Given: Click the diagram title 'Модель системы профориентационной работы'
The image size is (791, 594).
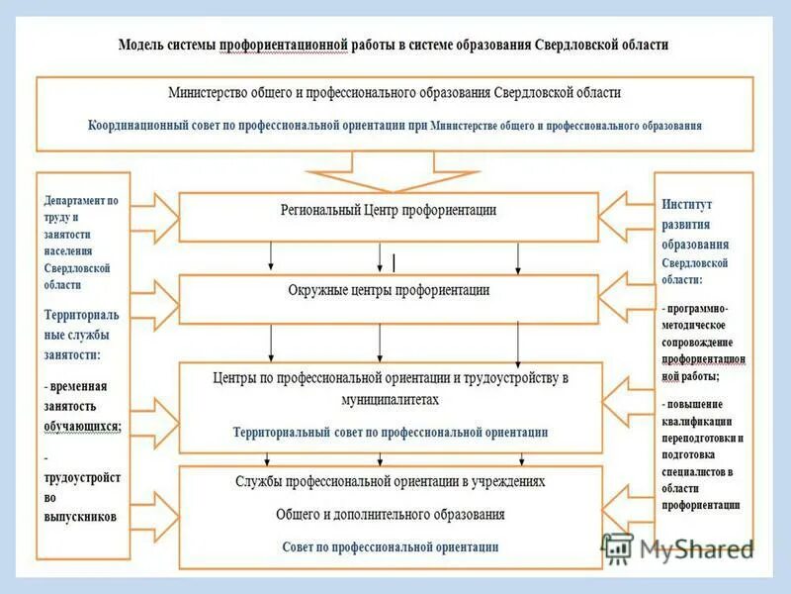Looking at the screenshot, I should pyautogui.click(x=393, y=45).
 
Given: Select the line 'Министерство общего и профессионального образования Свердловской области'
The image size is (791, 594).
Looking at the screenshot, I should pyautogui.click(x=394, y=92).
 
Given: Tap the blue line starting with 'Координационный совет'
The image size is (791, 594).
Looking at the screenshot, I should pyautogui.click(x=395, y=126).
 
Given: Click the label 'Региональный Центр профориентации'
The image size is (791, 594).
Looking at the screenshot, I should pyautogui.click(x=390, y=210).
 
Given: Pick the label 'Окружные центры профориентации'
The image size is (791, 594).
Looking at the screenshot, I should pyautogui.click(x=389, y=290).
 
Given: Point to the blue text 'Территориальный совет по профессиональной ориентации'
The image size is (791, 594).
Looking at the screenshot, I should pyautogui.click(x=390, y=433).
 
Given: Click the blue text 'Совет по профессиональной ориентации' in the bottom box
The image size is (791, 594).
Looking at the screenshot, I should pyautogui.click(x=390, y=546).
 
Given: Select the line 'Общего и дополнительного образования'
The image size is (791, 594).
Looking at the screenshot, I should pyautogui.click(x=390, y=515).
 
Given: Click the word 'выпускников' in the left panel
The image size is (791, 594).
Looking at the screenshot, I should pyautogui.click(x=81, y=517).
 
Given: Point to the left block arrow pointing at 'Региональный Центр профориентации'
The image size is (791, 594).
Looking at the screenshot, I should pyautogui.click(x=153, y=212).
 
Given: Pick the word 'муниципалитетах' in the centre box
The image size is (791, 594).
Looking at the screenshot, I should pyautogui.click(x=390, y=400).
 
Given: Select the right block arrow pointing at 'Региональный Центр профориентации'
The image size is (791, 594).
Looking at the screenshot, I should pyautogui.click(x=626, y=212).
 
